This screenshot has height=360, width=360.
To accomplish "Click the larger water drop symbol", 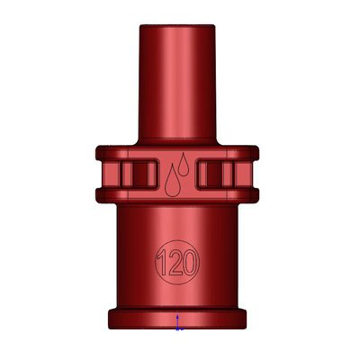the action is pos(173,183).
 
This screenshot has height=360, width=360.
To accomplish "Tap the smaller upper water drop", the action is pos(184,166).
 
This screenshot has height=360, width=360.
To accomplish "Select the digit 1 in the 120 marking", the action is pos(163,263).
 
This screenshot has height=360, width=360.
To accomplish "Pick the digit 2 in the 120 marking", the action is pos(174,263).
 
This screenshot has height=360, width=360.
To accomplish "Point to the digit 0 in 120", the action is pos(189,263).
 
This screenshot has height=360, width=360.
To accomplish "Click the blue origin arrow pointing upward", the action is pos(177,321).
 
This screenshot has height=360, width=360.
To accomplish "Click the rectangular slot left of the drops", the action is pos(139,175).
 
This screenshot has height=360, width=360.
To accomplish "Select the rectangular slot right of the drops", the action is pos(215,175).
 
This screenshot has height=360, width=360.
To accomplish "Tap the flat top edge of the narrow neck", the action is pos(177,25).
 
